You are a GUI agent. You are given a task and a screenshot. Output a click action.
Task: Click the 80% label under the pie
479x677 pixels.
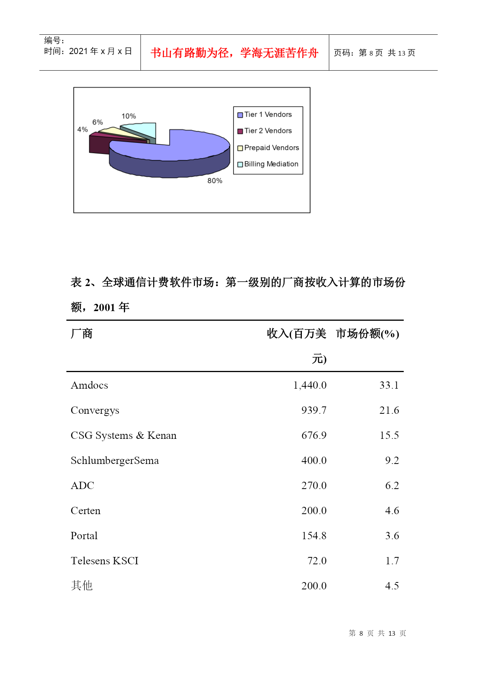click(215, 181)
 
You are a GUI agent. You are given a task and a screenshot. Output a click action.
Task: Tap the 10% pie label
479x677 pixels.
click(129, 116)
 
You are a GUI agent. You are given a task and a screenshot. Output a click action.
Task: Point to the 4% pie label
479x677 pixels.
click(82, 130)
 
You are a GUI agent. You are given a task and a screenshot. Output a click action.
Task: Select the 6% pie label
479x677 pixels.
click(97, 122)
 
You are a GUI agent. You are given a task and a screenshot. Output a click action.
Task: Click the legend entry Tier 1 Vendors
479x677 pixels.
click(267, 115)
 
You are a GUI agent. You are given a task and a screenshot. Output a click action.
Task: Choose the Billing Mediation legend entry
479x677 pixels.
click(271, 164)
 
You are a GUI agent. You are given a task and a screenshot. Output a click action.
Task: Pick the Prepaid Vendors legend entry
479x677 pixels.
click(271, 148)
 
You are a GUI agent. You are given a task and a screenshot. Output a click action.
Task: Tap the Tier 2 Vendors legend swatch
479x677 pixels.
click(240, 131)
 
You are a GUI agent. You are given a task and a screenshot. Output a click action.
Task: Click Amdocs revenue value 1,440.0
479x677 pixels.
click(310, 385)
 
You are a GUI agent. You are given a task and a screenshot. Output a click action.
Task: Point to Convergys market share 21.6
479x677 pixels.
click(389, 410)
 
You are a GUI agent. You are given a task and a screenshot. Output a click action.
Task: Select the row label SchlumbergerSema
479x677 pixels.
click(115, 460)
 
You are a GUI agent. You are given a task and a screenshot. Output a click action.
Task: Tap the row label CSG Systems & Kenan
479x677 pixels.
click(124, 435)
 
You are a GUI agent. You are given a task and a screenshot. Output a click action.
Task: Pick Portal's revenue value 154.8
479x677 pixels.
click(314, 536)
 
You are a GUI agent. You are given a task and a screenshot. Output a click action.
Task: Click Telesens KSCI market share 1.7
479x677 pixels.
click(392, 561)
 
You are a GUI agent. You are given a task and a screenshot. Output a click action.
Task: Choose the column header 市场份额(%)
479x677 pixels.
click(367, 333)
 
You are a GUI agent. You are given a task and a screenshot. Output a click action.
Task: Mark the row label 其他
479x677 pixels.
click(82, 586)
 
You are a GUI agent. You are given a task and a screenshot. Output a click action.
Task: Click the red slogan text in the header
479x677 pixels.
click(234, 53)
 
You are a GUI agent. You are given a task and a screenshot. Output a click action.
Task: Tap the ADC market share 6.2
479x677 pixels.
click(392, 486)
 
